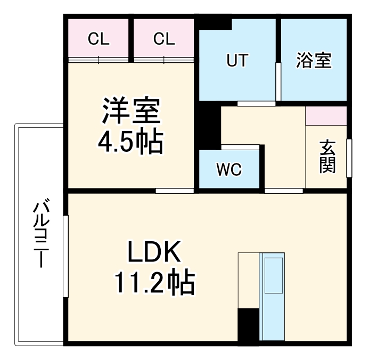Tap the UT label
237,61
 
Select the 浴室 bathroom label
314,61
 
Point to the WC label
229,170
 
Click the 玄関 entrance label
327,157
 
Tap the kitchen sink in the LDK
273,274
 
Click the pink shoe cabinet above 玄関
326,116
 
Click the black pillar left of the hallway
211,128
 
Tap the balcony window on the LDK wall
65,256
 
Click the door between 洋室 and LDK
175,190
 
